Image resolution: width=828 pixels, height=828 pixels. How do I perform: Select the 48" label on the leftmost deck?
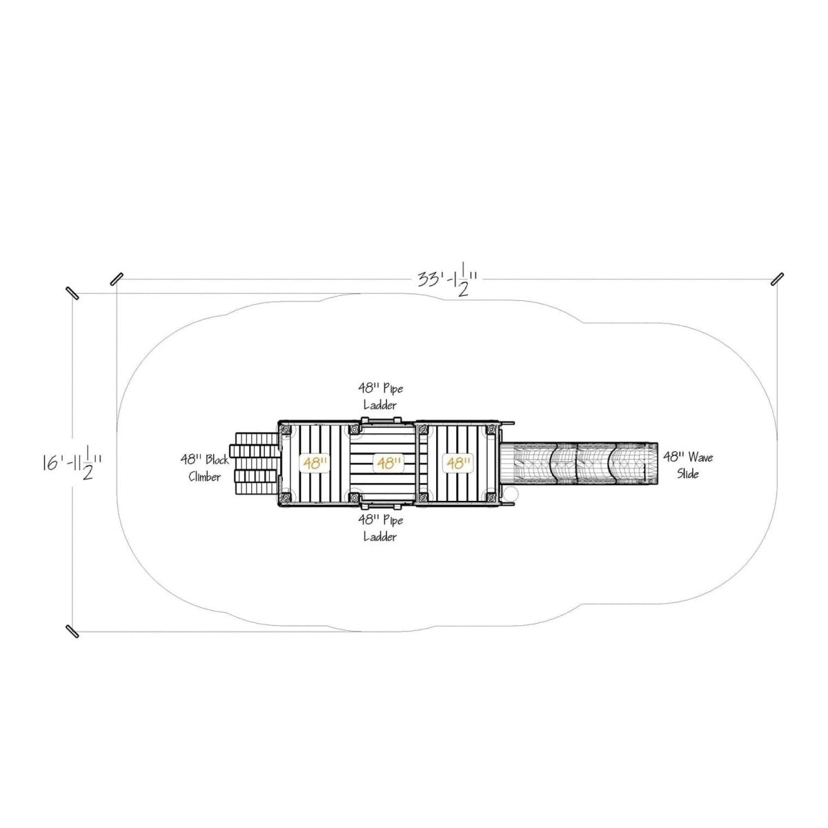pyautogui.click(x=315, y=463)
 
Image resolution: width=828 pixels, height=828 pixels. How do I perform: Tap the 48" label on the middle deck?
pyautogui.click(x=389, y=463)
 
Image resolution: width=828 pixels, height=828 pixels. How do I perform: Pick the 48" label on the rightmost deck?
pyautogui.click(x=459, y=463)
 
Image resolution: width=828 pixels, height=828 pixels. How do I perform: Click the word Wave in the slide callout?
pyautogui.click(x=700, y=457)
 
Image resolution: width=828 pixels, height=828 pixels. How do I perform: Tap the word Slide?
pyautogui.click(x=688, y=473)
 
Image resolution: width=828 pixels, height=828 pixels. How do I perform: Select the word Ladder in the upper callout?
pyautogui.click(x=380, y=405)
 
